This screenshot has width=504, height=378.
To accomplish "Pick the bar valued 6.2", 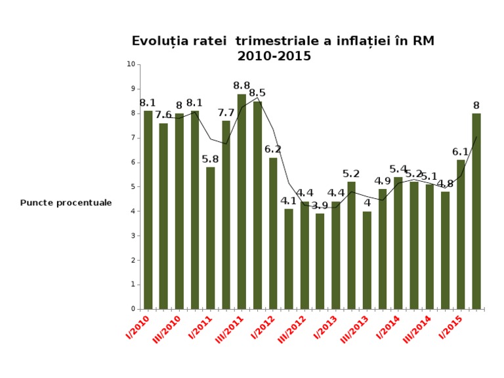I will pos(273,233).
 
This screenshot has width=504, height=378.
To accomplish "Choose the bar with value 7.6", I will pos(163,216).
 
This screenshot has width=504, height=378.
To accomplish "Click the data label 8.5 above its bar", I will pos(257,93).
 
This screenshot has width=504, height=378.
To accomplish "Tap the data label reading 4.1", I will pos(289,201).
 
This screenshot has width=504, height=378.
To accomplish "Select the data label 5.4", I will pos(398,169).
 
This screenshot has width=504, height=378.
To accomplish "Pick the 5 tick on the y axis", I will pos(133,186).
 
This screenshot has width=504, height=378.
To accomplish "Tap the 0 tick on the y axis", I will pos(133,309).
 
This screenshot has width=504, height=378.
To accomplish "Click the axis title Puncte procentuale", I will pos(66,203).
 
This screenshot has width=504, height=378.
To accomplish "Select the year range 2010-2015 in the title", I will pos(274,56).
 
